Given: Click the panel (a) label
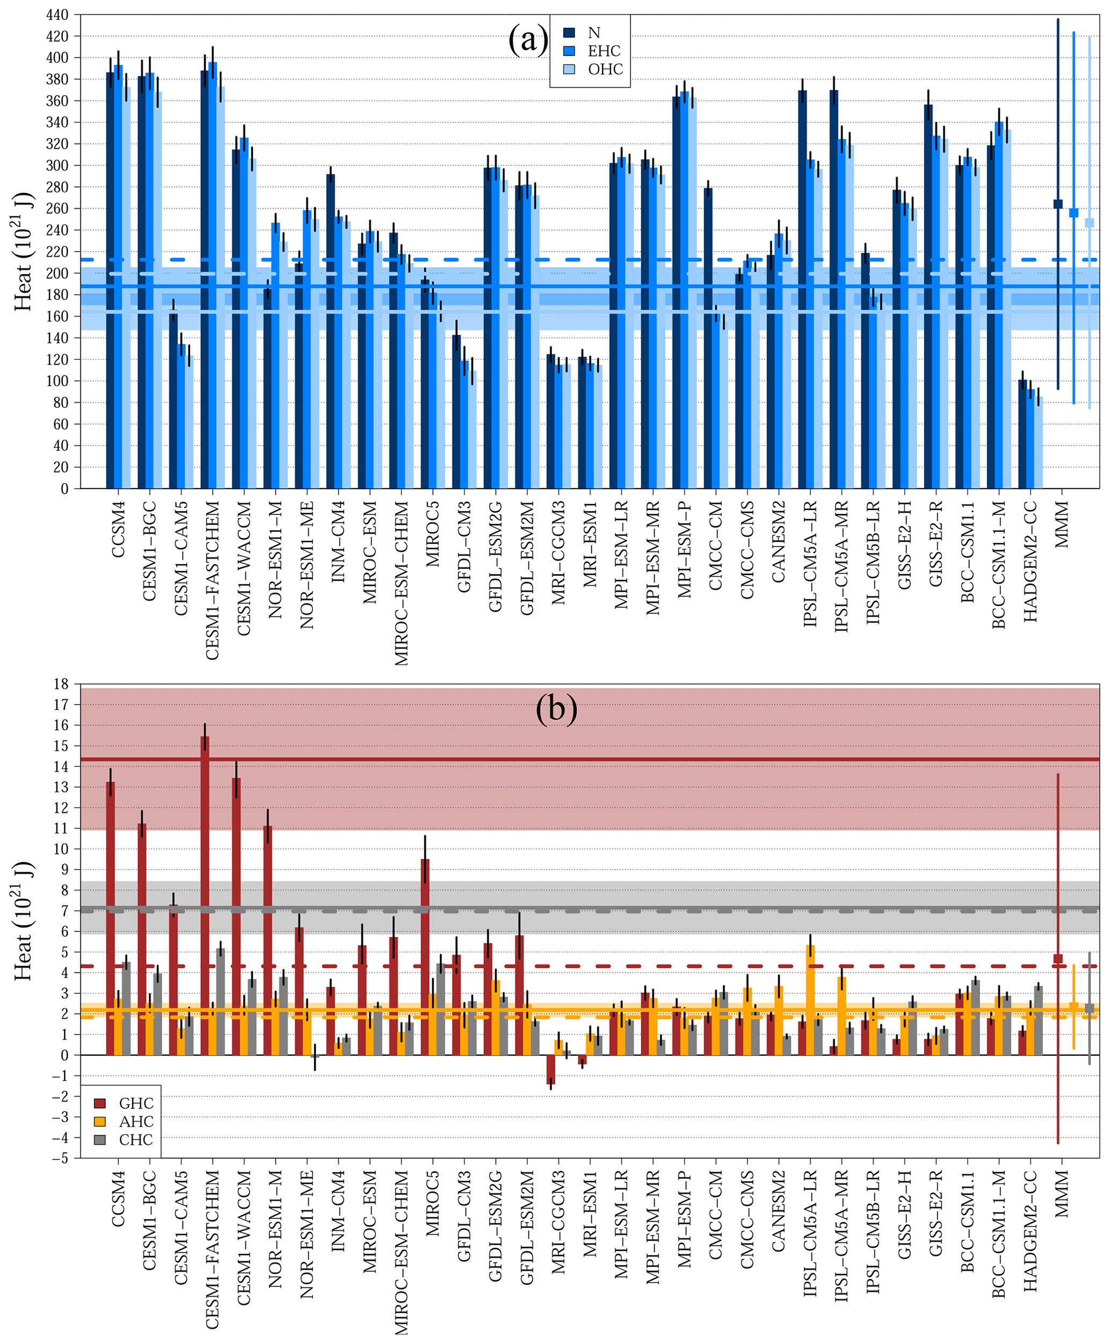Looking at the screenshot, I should tap(528, 40).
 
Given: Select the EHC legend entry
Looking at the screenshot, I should tap(604, 51).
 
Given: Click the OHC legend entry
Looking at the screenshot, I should tap(605, 69).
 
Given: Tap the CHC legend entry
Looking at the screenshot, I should tap(135, 1139).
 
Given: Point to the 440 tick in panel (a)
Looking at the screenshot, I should tap(57, 14).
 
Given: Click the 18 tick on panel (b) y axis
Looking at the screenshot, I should tap(61, 684).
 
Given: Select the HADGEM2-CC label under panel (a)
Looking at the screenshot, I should tap(1030, 561).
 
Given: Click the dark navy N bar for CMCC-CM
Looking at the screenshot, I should tap(708, 339).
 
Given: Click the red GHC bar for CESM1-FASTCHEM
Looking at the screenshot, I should tap(205, 895).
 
